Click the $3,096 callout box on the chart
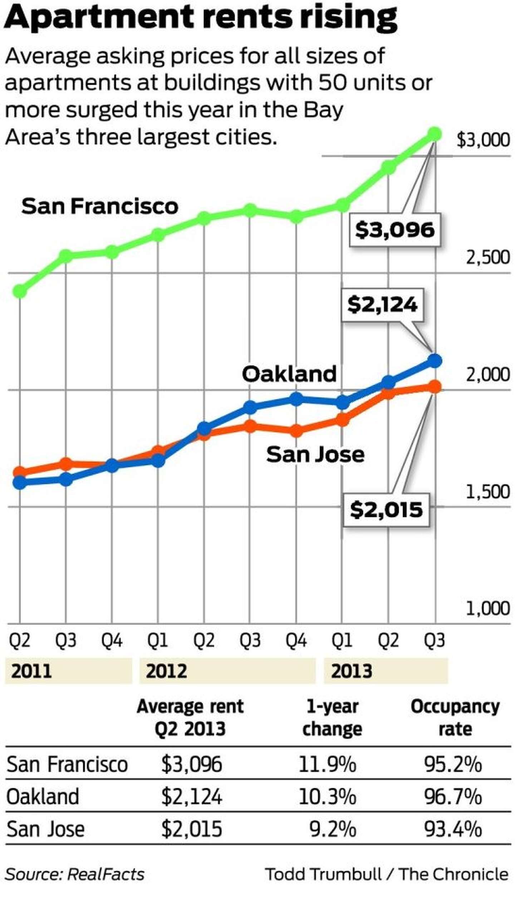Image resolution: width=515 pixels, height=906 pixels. (394, 230)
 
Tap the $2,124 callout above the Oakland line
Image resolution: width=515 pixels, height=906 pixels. (382, 305)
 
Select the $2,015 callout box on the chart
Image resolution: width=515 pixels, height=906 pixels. (386, 510)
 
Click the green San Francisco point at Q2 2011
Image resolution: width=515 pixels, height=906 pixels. (20, 291)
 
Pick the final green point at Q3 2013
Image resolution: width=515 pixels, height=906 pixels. (435, 134)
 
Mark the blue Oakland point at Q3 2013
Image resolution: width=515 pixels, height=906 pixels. (435, 361)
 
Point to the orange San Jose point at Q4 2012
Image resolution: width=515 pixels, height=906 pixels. (296, 430)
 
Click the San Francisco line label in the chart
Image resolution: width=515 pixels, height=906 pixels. (100, 206)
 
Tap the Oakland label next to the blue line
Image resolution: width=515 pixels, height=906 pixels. (289, 374)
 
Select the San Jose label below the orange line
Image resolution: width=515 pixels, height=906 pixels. (315, 454)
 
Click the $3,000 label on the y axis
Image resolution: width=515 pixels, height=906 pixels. (483, 140)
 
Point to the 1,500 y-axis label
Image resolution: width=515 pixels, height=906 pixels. (487, 492)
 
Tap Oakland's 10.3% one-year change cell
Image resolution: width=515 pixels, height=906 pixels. (327, 797)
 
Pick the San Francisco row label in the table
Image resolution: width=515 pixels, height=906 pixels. (67, 764)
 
